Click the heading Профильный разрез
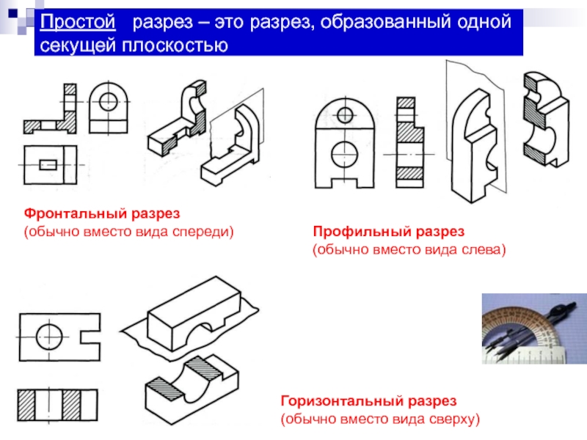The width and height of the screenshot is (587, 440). coord(389,232)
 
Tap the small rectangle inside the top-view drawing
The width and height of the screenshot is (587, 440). coord(50,164)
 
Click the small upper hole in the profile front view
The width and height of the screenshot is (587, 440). coord(346,113)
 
